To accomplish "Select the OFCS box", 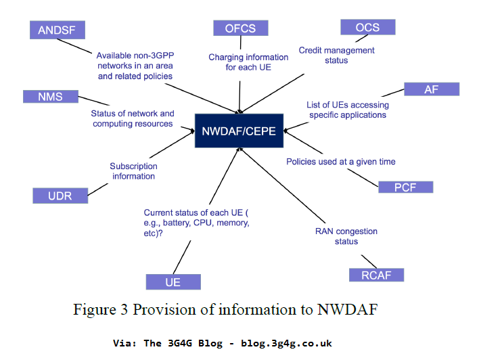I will (x=240, y=27).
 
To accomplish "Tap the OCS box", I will (x=367, y=27).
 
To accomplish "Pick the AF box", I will (x=432, y=89).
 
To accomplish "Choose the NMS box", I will (x=50, y=96).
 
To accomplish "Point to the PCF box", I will (x=405, y=187).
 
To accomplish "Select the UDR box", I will (x=61, y=196).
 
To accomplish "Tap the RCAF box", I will (x=376, y=275).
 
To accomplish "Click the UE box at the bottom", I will (x=173, y=282).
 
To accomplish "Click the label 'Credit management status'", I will (x=336, y=55).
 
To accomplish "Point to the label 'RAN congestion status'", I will (x=346, y=236).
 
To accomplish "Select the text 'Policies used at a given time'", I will (x=341, y=162).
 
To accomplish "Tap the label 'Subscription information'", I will (x=133, y=171).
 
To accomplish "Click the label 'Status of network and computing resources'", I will (x=133, y=118).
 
